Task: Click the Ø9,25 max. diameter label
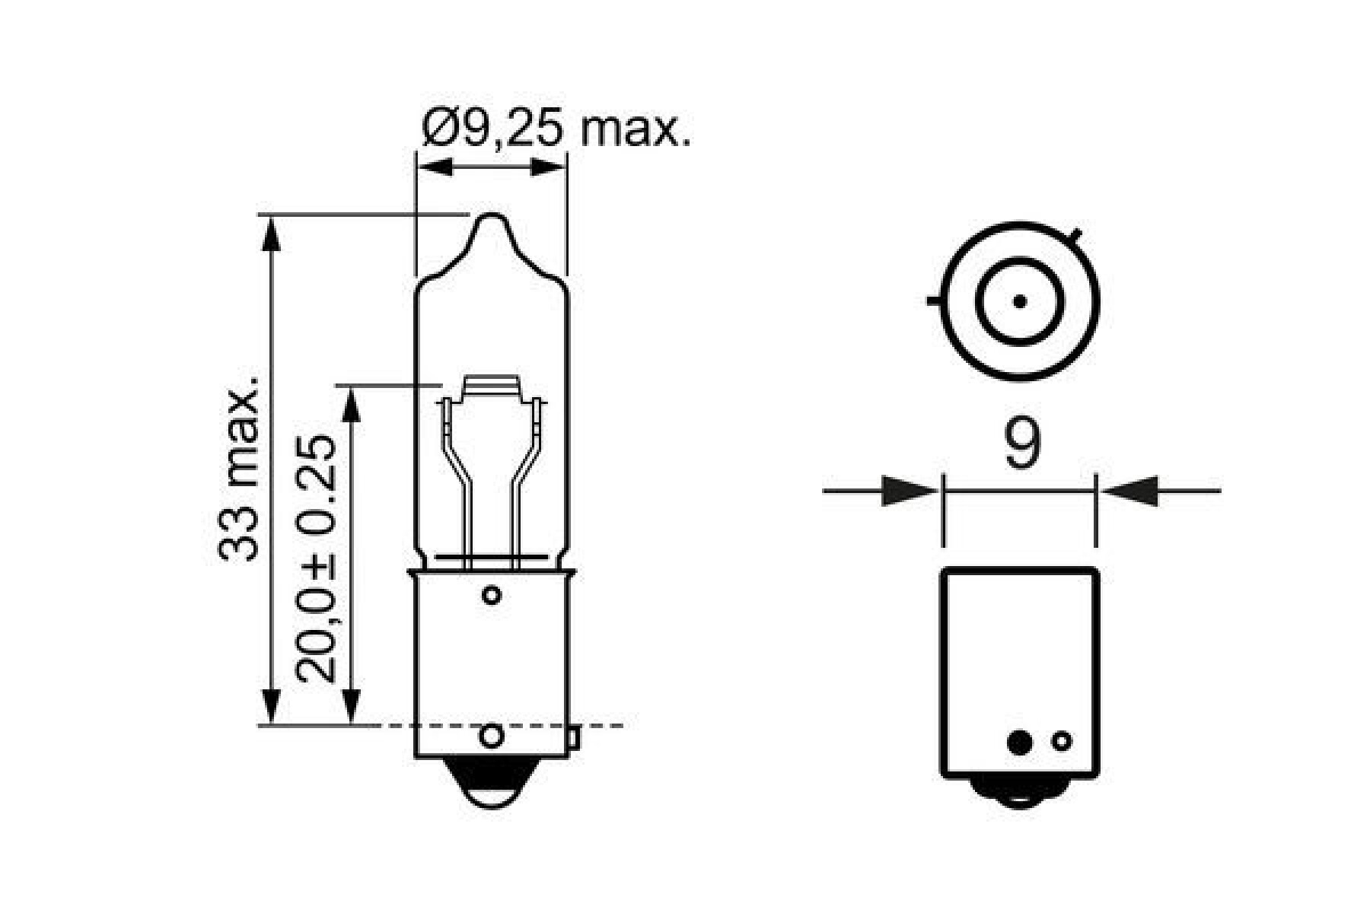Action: click(556, 131)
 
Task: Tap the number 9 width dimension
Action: click(1021, 444)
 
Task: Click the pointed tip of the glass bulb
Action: click(492, 218)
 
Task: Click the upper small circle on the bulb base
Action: click(492, 594)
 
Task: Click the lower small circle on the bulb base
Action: click(492, 736)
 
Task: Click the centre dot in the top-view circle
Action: click(1020, 301)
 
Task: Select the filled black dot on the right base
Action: click(1019, 742)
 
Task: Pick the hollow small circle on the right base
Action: click(1061, 741)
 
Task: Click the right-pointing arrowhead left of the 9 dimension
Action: click(907, 491)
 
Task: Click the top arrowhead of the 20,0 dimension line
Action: click(350, 403)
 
